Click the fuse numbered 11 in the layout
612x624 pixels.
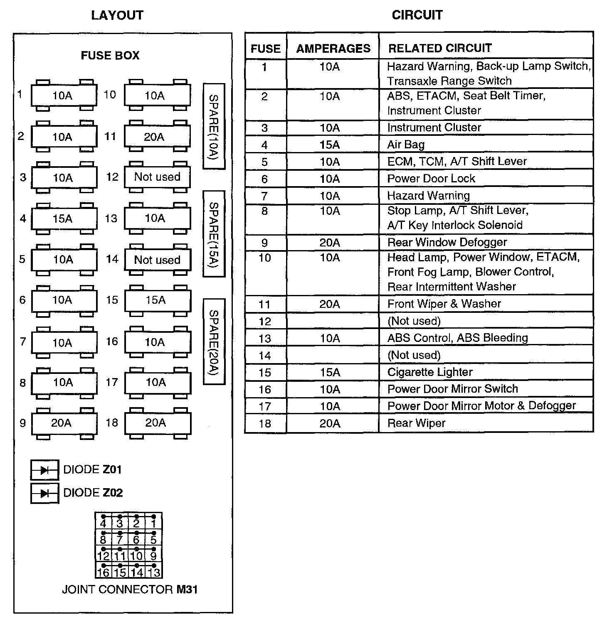[157, 137]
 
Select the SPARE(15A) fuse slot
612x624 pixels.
[214, 233]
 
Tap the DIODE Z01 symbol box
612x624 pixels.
[44, 470]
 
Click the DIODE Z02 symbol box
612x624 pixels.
[44, 493]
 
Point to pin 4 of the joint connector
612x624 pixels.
[103, 521]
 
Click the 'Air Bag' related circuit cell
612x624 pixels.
[486, 145]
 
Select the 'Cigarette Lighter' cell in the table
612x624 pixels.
[486, 372]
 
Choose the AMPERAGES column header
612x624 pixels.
[333, 49]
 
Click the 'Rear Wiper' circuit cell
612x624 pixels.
[486, 423]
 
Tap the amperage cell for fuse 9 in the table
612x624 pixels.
[330, 243]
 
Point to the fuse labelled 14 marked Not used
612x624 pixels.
[157, 260]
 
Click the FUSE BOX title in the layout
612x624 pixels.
[110, 56]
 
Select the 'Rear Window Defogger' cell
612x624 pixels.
[486, 242]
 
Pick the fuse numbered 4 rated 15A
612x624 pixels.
[64, 219]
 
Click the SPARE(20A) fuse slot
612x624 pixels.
[214, 341]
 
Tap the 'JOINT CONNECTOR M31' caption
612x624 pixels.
[130, 590]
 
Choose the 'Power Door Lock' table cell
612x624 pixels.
[486, 179]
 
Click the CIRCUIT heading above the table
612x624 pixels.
[417, 15]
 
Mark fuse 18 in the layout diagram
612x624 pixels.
[157, 423]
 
